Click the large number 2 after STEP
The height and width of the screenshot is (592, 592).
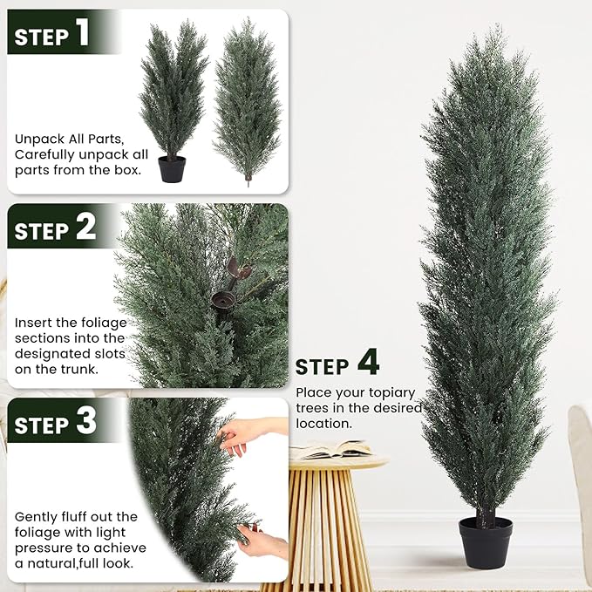85,228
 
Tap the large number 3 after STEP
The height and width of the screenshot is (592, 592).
85,422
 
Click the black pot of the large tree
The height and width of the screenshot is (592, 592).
486,542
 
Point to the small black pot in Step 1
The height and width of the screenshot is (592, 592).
172,168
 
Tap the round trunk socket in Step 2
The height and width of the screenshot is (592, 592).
220,301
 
